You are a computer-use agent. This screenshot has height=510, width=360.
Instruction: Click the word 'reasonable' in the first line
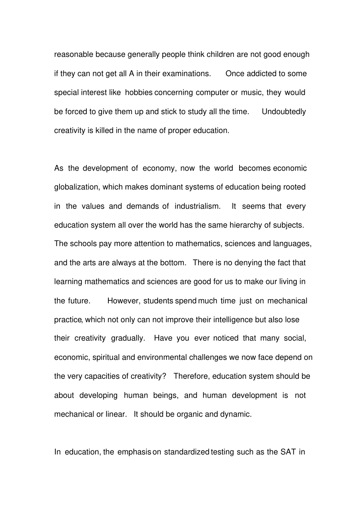74,55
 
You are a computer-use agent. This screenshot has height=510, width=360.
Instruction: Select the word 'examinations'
186,74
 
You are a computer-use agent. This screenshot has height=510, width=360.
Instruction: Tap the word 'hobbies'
139,93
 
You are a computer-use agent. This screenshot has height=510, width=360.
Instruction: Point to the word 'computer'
212,93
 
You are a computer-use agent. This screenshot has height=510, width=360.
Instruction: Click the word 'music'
251,93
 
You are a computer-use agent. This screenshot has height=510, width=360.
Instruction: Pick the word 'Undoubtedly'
283,111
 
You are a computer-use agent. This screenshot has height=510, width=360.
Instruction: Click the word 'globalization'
76,187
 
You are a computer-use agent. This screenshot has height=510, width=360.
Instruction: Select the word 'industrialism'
197,206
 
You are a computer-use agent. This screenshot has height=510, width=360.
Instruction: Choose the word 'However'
124,301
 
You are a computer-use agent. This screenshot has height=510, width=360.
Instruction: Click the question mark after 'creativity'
164,376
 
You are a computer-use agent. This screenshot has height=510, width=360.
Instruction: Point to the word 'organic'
189,414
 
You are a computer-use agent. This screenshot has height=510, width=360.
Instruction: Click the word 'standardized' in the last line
186,452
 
